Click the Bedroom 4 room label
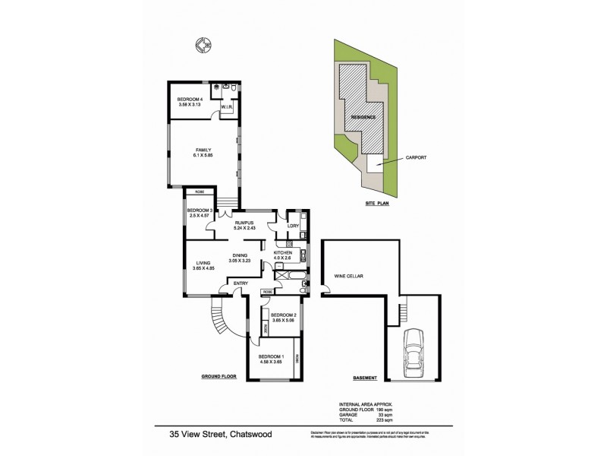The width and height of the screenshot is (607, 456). pos(190,100)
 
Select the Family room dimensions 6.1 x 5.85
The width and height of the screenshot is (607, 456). pos(203,155)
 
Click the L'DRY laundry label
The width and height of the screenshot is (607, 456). pos(293,226)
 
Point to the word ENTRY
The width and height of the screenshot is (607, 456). pos(241,284)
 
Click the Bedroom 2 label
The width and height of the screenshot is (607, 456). pos(282,314)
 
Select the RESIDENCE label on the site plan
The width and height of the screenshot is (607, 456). pos(363,117)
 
